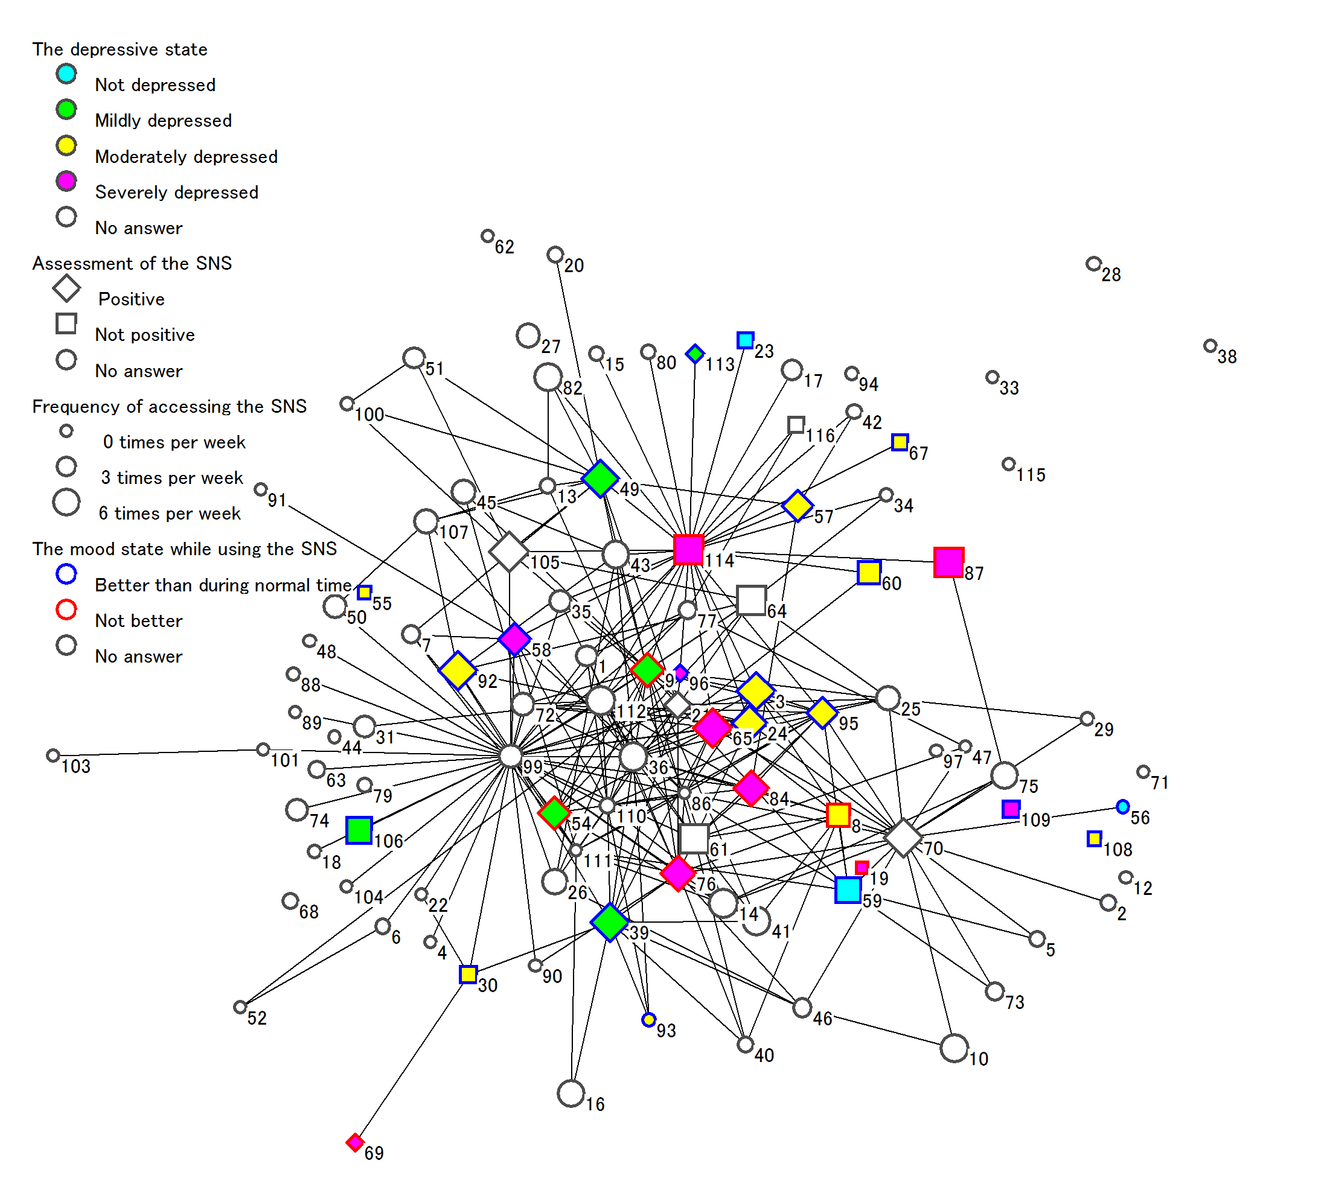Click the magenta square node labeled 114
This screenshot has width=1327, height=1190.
688,549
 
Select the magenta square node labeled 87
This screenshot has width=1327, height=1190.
948,562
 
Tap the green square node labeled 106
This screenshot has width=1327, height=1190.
359,830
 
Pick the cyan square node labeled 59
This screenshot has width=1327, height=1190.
848,890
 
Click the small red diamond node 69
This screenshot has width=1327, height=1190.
354,1142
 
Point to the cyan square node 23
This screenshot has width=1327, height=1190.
745,340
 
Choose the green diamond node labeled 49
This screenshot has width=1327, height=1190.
600,479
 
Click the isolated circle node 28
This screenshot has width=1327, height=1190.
1093,264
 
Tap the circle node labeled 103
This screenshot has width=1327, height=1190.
53,756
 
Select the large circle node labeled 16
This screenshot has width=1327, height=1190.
571,1093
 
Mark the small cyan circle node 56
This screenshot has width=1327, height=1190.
1122,807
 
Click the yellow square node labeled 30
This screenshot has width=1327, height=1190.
468,974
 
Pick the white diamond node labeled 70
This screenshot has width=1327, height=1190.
903,838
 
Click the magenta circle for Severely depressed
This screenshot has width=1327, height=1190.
66,181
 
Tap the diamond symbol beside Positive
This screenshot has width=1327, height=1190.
66,288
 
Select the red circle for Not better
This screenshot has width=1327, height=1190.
66,609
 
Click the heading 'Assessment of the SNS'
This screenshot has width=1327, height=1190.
132,264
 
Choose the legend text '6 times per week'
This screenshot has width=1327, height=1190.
170,514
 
